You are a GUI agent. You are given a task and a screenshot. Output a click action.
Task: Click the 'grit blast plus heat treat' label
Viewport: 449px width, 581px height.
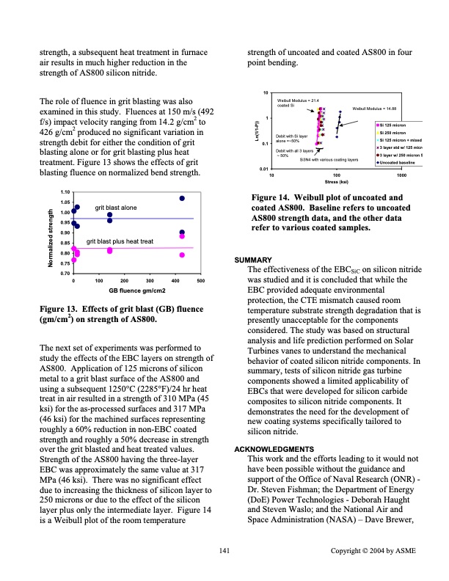[120, 241]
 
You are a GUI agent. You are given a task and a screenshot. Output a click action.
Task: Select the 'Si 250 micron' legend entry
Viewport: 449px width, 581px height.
[397, 133]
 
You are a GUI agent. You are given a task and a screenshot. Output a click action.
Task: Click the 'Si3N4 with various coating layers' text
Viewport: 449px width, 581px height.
[329, 158]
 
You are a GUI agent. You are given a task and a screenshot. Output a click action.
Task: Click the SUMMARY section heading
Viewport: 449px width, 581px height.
[252, 260]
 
